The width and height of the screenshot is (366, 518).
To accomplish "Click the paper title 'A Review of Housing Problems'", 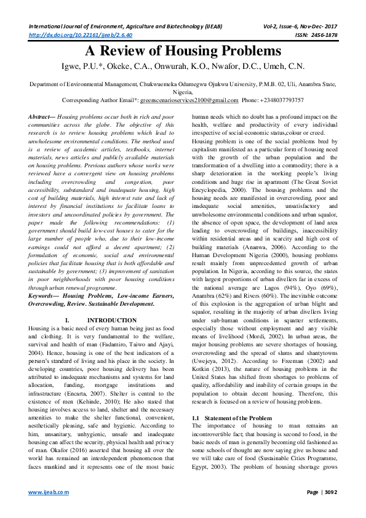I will pos(183,51).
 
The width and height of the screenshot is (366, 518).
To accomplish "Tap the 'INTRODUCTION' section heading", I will pos(112,321).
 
